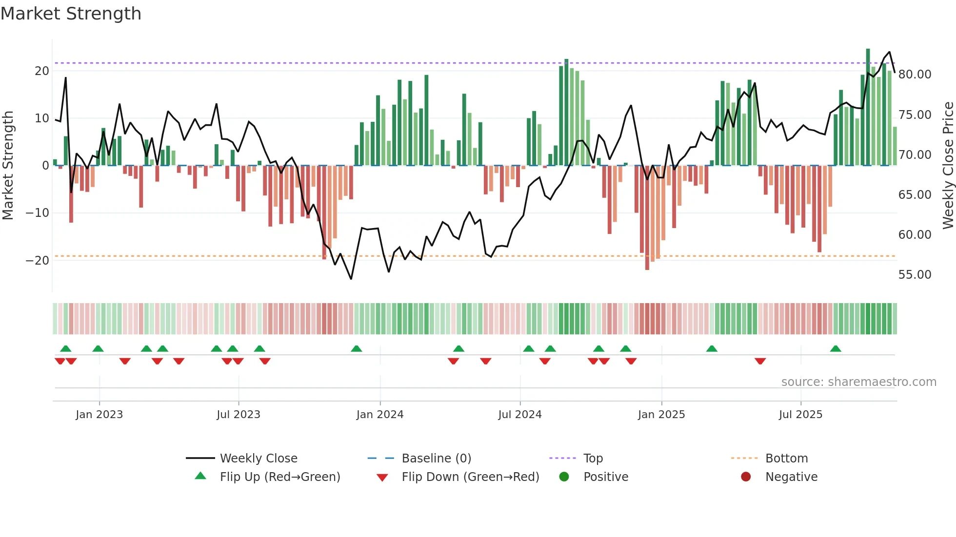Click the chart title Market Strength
tap(71, 14)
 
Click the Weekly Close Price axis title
tap(948, 165)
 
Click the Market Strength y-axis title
tap(8, 165)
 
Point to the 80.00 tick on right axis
tap(915, 75)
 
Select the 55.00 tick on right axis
tap(915, 275)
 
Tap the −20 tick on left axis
tap(38, 260)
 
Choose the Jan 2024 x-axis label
tap(380, 415)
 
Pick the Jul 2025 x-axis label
tap(800, 415)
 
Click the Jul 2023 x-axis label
tap(239, 415)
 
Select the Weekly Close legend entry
tap(258, 459)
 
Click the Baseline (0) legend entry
tap(436, 459)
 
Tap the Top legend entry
tap(593, 459)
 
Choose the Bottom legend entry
tap(786, 459)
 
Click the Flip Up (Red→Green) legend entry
tap(279, 477)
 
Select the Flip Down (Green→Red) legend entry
tap(470, 477)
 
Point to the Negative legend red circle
tap(746, 477)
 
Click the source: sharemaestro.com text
tap(858, 382)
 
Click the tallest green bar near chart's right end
tap(868, 107)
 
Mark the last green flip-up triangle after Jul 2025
tap(836, 348)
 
